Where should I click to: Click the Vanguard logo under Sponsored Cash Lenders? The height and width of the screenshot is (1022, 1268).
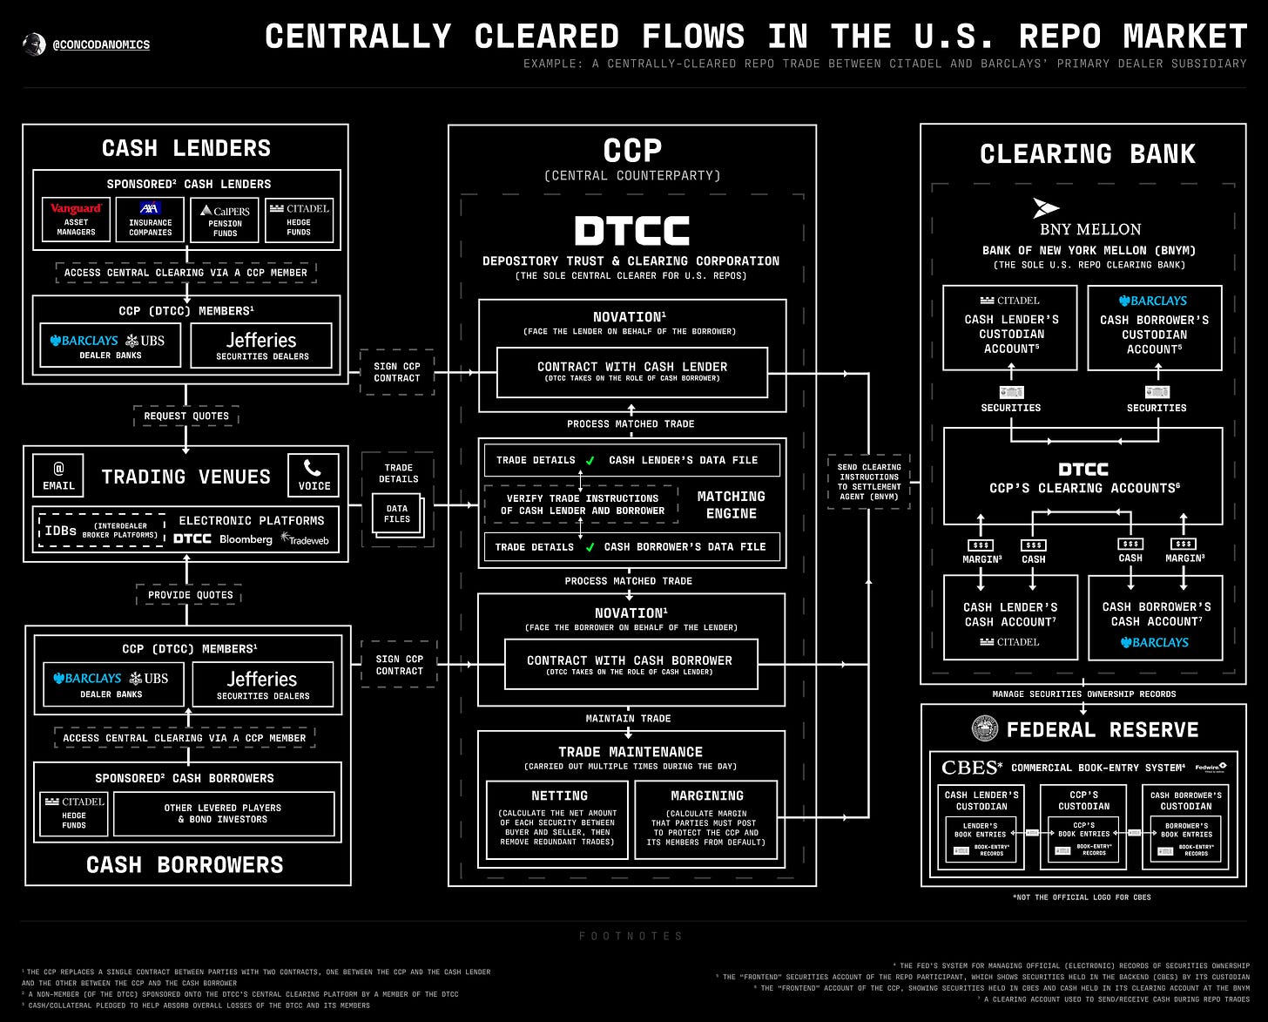(x=76, y=209)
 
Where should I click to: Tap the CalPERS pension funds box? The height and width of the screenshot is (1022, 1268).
(x=225, y=220)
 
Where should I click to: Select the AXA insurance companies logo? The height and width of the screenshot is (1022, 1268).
(x=150, y=209)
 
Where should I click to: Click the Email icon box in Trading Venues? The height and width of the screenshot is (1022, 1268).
(x=58, y=476)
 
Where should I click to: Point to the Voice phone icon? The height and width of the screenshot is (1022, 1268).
(x=314, y=476)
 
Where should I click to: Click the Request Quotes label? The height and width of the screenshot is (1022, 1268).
(x=186, y=416)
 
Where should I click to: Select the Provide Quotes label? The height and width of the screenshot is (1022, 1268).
(x=190, y=595)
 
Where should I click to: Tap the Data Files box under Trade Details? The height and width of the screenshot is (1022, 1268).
(x=397, y=513)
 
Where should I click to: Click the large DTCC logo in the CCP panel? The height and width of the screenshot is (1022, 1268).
(x=631, y=231)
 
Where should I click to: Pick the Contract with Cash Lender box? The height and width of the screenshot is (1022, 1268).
(x=631, y=372)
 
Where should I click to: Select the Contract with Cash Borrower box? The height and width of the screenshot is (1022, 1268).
(x=630, y=665)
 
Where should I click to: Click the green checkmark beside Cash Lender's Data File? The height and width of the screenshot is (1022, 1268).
(x=590, y=460)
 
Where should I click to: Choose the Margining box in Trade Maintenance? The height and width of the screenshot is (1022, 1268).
(x=706, y=819)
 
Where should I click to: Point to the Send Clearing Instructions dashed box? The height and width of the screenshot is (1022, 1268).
(x=869, y=482)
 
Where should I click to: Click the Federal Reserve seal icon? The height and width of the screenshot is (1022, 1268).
(x=985, y=728)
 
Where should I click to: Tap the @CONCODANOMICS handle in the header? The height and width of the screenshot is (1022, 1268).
(x=100, y=44)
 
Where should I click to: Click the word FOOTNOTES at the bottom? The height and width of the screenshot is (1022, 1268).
(x=631, y=936)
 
